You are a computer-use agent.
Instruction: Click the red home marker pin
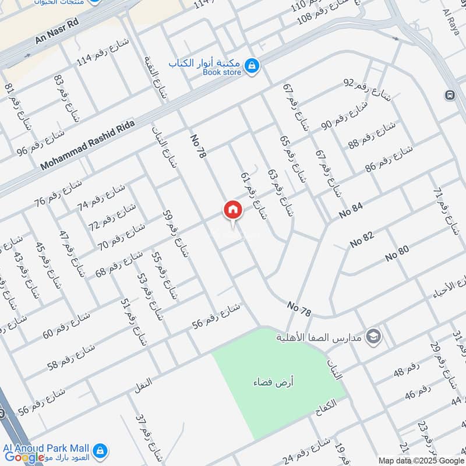pos(232,210)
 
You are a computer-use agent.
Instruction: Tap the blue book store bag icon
pos(252,67)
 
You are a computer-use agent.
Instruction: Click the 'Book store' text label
pos(221,73)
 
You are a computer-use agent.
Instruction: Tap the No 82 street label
pos(362,239)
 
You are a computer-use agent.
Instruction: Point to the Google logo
pos(24,457)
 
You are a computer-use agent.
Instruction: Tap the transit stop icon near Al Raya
pos(449,96)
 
